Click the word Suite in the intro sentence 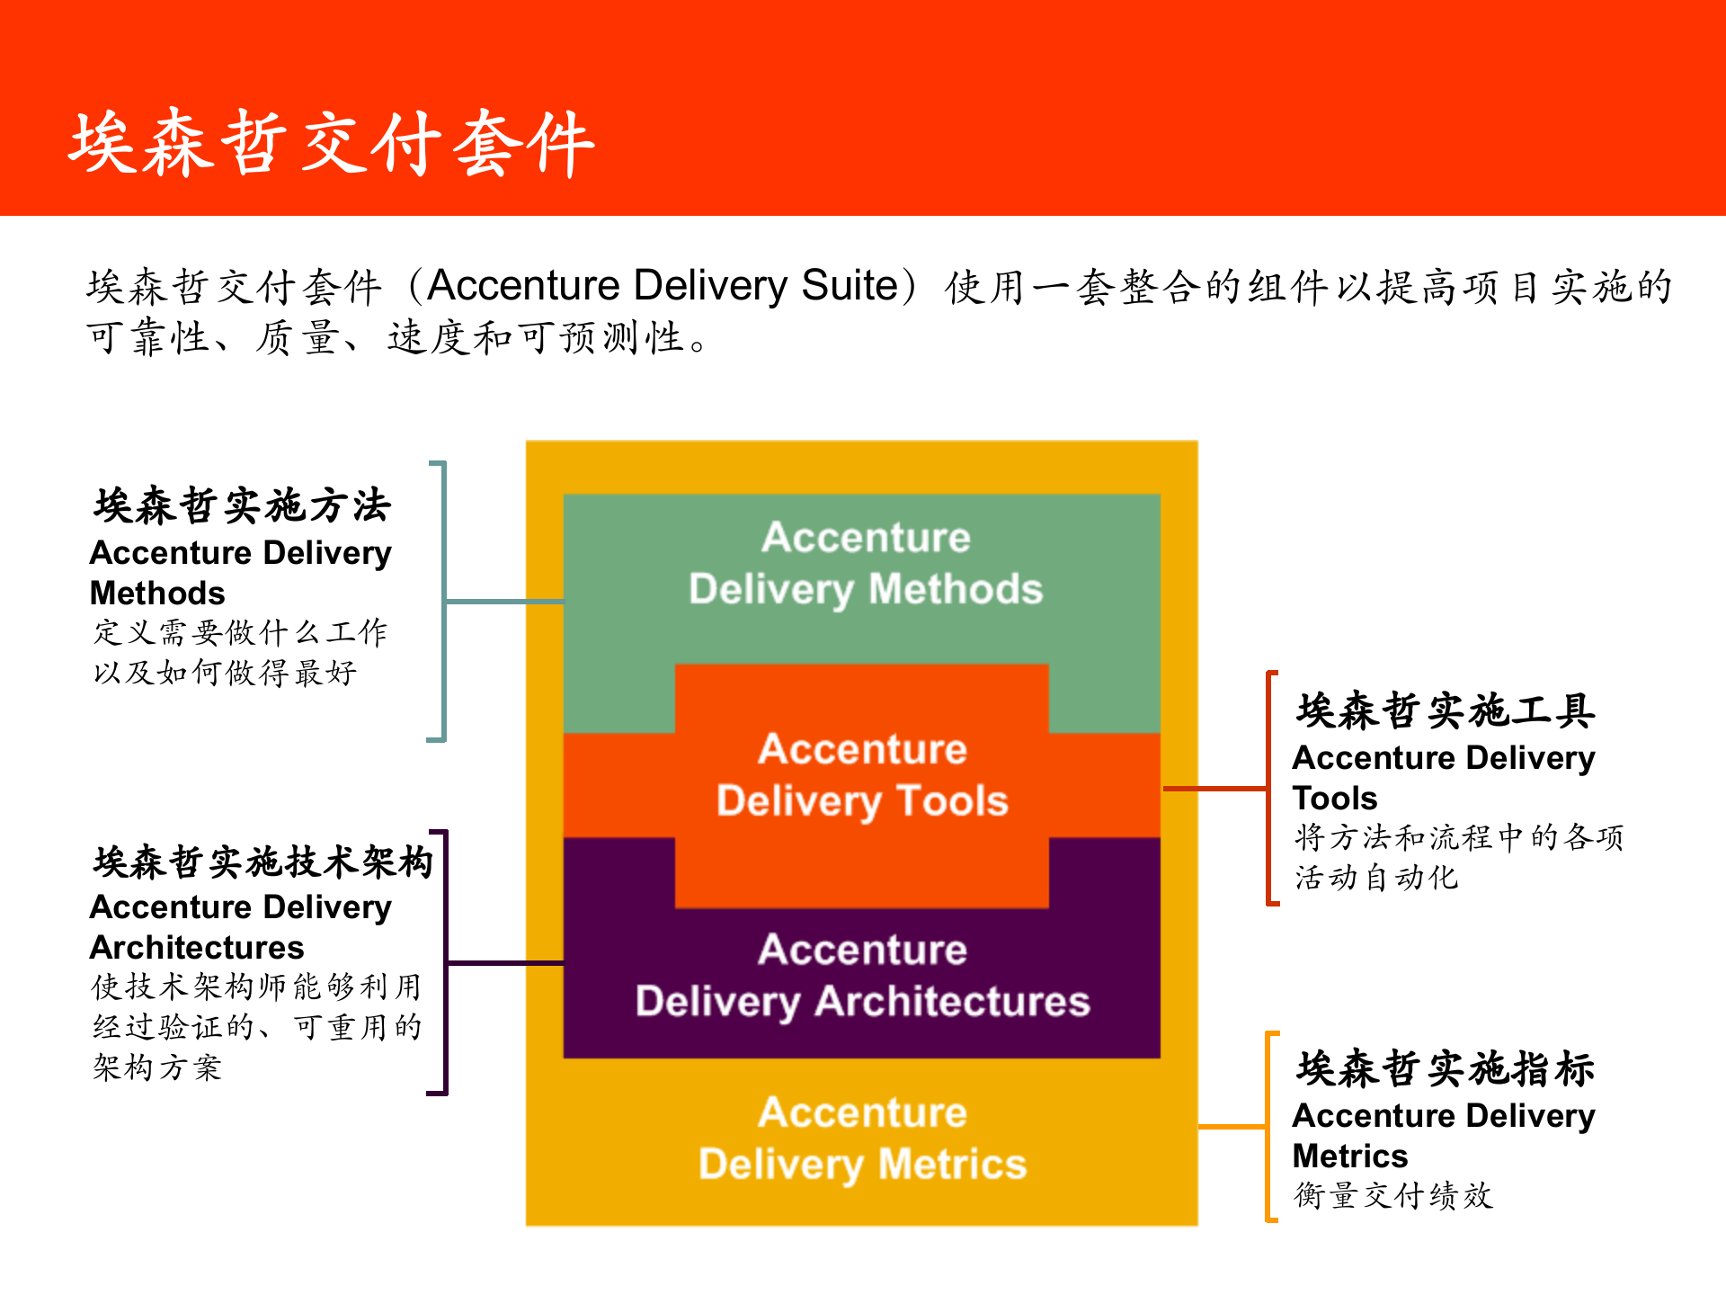(849, 286)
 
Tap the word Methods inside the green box (955, 590)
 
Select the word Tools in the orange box (953, 801)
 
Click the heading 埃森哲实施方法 (242, 505)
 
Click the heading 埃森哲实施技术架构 (262, 862)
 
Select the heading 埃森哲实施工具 (1446, 711)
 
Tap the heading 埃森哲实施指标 (1446, 1068)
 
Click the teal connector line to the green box (503, 601)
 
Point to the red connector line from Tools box (1214, 789)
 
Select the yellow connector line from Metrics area (1232, 1126)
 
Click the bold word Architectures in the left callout (197, 948)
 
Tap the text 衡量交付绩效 (1392, 1196)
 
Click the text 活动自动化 (1375, 878)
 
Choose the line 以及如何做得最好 (225, 673)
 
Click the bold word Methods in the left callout (157, 594)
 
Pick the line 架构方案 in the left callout (157, 1068)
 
